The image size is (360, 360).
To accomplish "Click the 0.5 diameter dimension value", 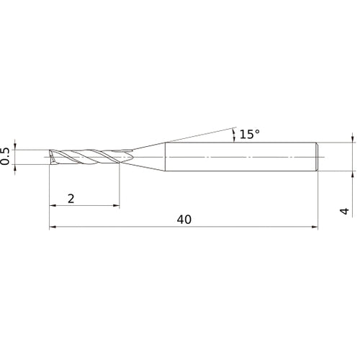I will [6, 156].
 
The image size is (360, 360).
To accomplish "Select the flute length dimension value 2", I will [71, 198].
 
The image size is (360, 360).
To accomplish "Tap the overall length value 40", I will [183, 220].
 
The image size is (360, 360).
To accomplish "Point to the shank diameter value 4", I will [345, 211].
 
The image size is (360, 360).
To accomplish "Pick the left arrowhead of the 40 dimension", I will [53, 228].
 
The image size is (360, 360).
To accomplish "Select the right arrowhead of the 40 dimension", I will [314, 228].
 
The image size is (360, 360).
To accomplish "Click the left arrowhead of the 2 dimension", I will [53, 207].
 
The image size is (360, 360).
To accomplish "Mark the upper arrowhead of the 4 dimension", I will [352, 138].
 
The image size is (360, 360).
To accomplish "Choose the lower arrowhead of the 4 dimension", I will [352, 174].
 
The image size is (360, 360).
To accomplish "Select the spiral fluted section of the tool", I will [86, 156].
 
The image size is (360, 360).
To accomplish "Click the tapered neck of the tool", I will [148, 156].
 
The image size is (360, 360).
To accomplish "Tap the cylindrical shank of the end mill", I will [238, 156].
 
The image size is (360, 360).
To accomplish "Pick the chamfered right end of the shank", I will [316, 156].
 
